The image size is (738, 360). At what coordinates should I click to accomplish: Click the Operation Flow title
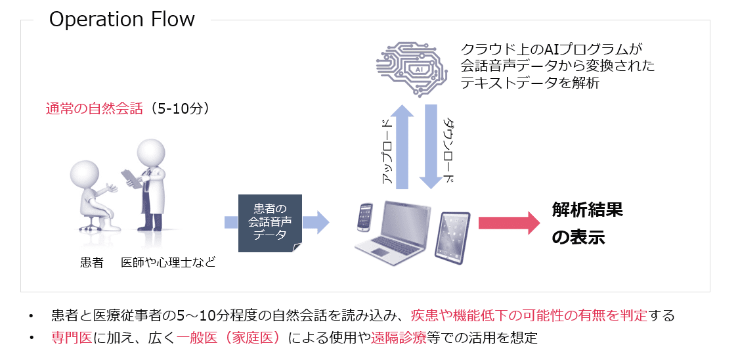pyautogui.click(x=122, y=20)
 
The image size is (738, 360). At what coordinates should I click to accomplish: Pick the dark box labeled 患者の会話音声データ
pyautogui.click(x=270, y=223)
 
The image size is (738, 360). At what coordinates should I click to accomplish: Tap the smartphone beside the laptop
pyautogui.click(x=366, y=216)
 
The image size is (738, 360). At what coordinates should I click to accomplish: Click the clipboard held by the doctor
pyautogui.click(x=132, y=178)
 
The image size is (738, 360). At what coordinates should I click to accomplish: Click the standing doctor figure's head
pyautogui.click(x=151, y=151)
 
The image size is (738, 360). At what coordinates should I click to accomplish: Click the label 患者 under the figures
pyautogui.click(x=92, y=263)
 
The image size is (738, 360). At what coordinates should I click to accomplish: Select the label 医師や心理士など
pyautogui.click(x=169, y=263)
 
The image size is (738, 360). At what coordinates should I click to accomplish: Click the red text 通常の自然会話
pyautogui.click(x=94, y=109)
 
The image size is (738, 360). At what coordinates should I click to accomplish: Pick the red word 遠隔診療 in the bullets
pyautogui.click(x=399, y=338)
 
